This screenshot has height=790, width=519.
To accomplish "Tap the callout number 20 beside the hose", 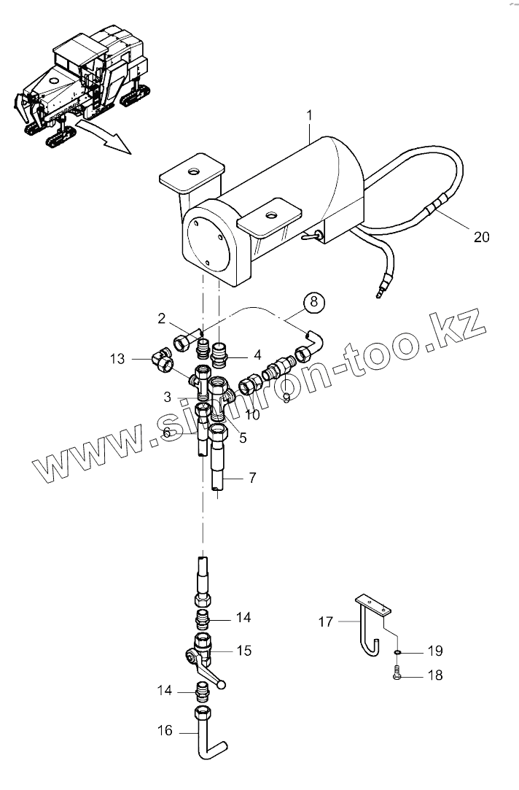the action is (x=481, y=236).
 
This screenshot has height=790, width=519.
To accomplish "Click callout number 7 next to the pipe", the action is (x=251, y=478).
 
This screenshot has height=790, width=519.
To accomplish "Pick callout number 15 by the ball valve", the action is (x=244, y=650).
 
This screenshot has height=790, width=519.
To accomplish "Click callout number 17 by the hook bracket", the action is (x=325, y=622).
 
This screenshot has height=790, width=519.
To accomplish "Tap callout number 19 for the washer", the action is (x=434, y=651).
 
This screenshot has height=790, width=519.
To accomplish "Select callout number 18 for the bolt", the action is (x=434, y=676).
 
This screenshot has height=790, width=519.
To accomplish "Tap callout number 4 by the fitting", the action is (x=257, y=356).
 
